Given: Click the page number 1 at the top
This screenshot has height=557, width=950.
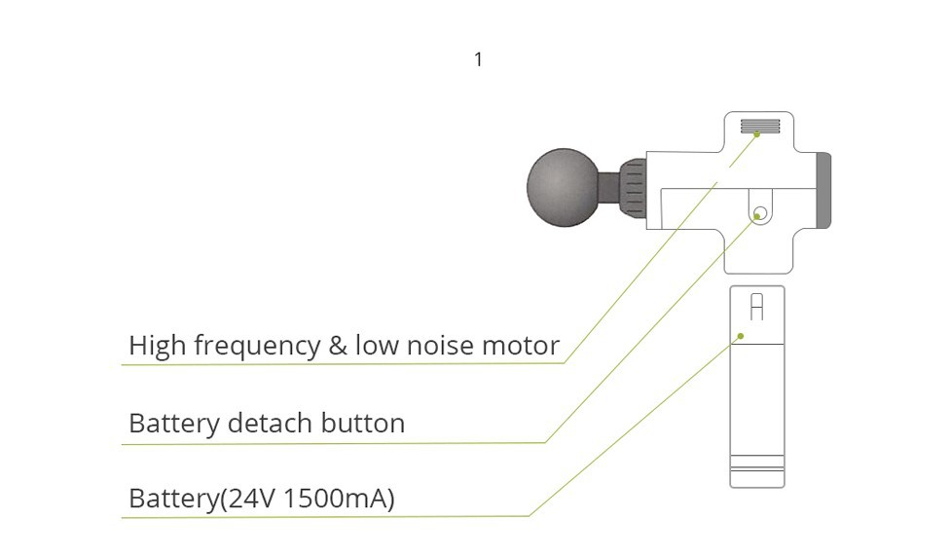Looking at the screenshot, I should point(478,60).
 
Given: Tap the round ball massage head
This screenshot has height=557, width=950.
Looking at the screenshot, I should point(562,186).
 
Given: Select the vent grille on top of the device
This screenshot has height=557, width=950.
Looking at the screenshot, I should point(760,126).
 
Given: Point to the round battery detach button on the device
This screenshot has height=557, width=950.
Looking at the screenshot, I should point(761,212).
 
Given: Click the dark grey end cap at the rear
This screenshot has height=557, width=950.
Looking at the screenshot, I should point(823,190).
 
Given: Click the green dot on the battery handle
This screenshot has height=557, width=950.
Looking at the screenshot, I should point(740,336).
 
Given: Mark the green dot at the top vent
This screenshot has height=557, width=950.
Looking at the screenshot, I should point(757,134).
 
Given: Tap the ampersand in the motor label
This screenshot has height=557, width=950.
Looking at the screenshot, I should point(338,346).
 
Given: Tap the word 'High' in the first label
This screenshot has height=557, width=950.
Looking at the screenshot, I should point(157,346).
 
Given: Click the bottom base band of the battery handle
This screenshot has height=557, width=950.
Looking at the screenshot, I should point(756,478).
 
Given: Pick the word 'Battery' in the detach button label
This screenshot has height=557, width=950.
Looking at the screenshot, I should point(173,424).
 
